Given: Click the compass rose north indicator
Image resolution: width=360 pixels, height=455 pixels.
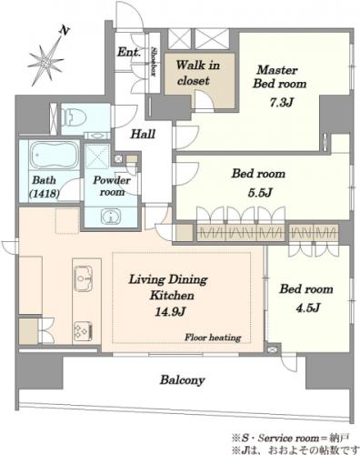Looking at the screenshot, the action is click(45, 57).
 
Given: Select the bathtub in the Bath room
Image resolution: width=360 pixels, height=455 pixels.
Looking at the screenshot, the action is click(55, 155).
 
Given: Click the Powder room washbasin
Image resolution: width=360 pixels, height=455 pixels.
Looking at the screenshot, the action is click(111, 217).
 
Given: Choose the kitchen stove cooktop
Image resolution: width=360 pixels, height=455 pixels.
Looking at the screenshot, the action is click(83, 331).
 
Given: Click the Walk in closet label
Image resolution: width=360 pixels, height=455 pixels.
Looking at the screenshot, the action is click(197, 73).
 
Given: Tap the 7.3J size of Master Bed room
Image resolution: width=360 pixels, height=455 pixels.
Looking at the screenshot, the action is click(281, 103).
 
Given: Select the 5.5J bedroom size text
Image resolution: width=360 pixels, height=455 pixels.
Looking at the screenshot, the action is click(260, 193).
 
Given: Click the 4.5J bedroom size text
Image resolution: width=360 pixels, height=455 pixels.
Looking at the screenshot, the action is click(308, 308).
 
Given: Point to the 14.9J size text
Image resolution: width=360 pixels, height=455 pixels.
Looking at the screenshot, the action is click(170, 311).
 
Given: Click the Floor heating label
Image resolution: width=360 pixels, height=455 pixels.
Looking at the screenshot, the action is click(213, 338).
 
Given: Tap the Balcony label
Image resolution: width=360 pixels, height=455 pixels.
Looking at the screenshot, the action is click(183, 380).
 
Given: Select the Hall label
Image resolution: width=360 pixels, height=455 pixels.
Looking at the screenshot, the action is click(143, 134).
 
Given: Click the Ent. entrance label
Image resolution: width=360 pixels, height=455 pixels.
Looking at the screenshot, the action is click(129, 52).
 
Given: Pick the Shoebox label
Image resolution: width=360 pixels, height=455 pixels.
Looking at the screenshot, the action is click(154, 62).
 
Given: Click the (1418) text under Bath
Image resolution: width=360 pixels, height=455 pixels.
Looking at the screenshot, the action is click(44, 193).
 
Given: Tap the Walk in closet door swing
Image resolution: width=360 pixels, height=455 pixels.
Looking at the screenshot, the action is click(204, 100).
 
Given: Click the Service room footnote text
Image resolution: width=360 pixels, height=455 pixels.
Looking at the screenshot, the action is click(290, 438).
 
